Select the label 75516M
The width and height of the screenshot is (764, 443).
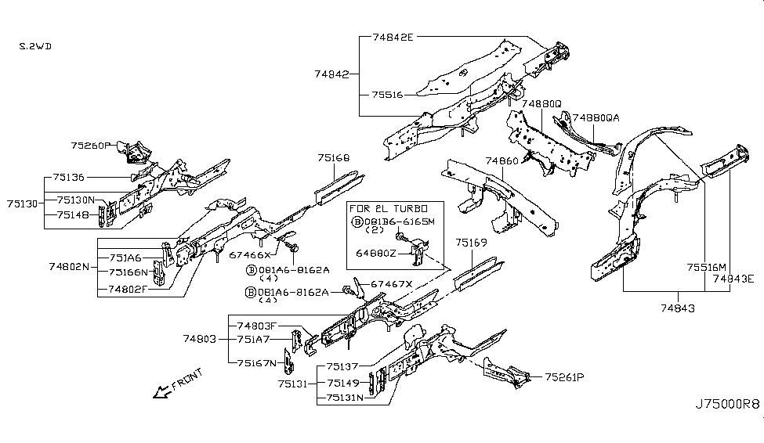(708, 267)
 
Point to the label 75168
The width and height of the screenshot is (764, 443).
(333, 158)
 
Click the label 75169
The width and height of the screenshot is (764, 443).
(472, 243)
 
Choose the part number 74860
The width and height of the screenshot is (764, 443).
(501, 160)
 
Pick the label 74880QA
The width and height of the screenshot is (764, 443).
(596, 117)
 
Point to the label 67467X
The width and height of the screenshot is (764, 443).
(392, 283)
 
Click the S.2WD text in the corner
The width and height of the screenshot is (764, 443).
(36, 46)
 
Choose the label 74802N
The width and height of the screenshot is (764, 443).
(70, 266)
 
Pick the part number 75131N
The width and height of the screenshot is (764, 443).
(347, 397)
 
